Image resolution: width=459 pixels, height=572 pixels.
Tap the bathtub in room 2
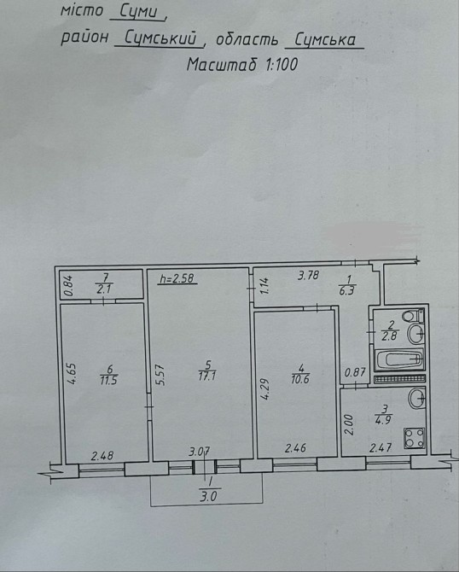pyautogui.click(x=400, y=359)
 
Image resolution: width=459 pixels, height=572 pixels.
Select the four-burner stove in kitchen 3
pyautogui.click(x=414, y=438)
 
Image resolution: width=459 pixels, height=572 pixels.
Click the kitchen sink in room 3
pyautogui.click(x=416, y=399)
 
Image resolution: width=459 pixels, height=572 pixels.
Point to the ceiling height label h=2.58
pyautogui.click(x=178, y=279)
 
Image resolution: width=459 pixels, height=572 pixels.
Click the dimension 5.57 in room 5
pyautogui.click(x=162, y=376)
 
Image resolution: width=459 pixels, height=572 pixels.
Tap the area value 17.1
pyautogui.click(x=207, y=376)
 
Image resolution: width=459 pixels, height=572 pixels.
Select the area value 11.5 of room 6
pyautogui.click(x=108, y=381)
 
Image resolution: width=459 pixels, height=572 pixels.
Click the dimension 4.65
pyautogui.click(x=72, y=373)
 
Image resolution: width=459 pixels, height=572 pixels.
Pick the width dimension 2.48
pyautogui.click(x=102, y=456)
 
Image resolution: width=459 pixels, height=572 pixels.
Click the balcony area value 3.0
pyautogui.click(x=208, y=497)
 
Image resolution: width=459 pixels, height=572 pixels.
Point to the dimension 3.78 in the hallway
pyautogui.click(x=308, y=275)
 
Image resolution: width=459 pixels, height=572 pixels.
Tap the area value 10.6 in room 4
pyautogui.click(x=300, y=379)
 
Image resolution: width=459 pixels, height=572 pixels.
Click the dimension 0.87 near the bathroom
pyautogui.click(x=355, y=372)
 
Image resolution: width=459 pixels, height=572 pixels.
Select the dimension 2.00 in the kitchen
pyautogui.click(x=349, y=424)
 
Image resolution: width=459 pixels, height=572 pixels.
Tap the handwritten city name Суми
pyautogui.click(x=139, y=13)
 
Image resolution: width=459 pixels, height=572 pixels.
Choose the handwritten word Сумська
pyautogui.click(x=324, y=39)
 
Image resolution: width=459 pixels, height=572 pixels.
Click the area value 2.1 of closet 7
pyautogui.click(x=104, y=289)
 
